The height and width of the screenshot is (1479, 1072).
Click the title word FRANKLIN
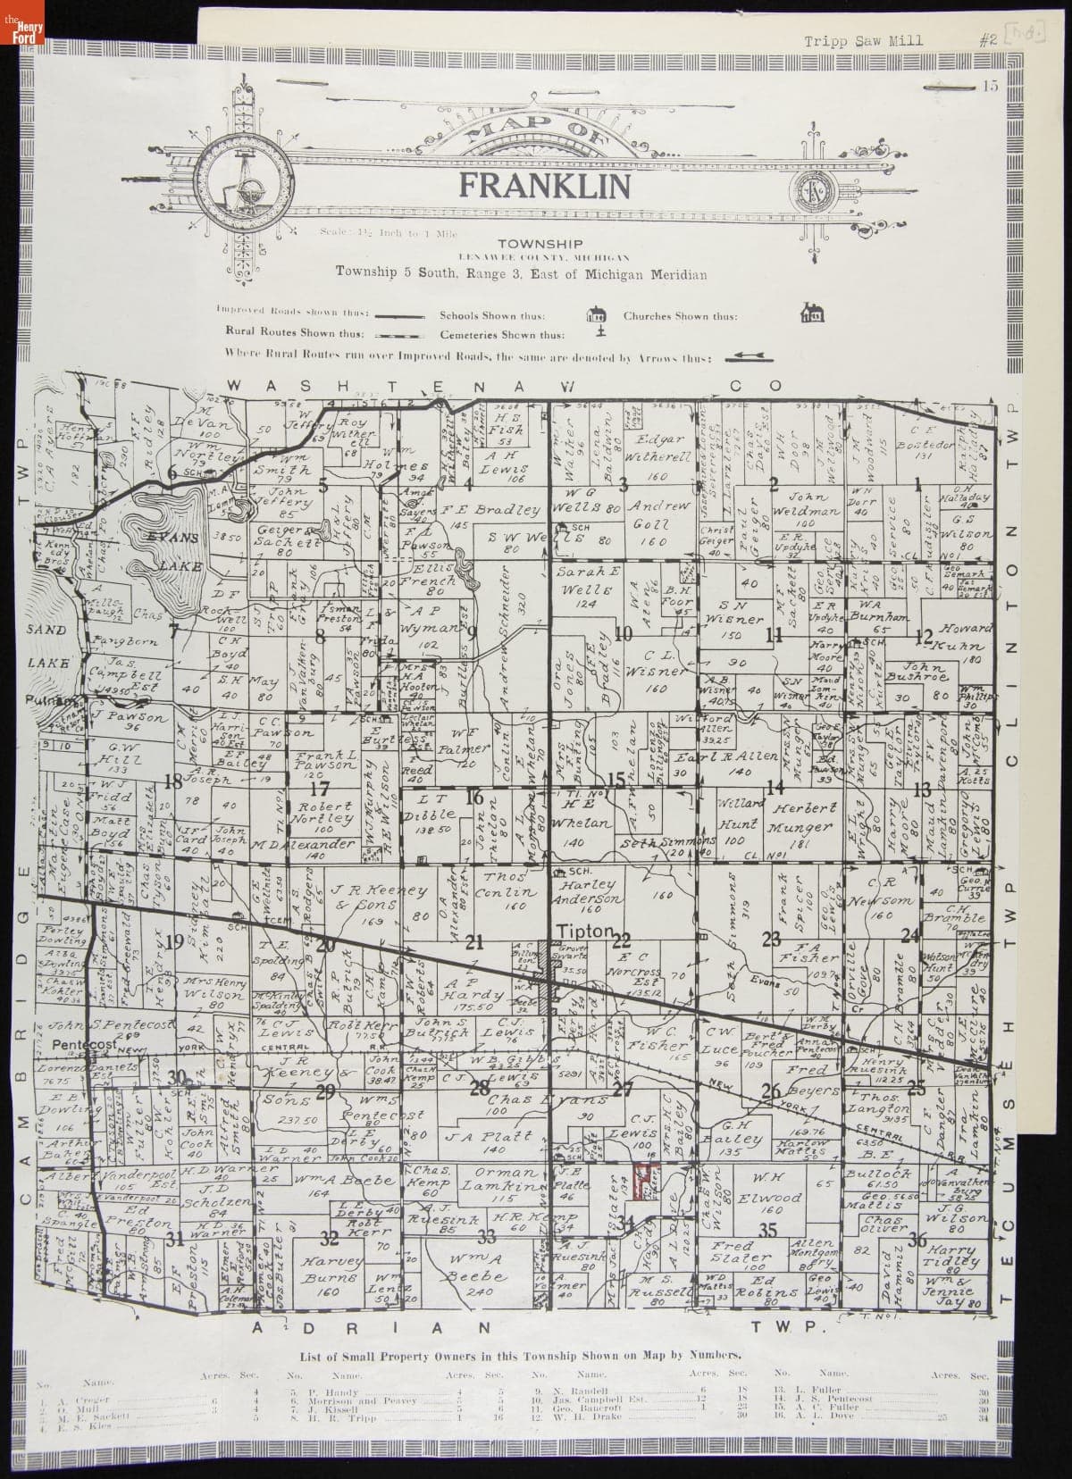coord(544,186)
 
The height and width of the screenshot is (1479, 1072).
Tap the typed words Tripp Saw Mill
coord(863,40)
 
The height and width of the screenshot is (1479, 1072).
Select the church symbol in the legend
coord(815,313)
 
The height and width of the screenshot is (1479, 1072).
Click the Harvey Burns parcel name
coord(331,1274)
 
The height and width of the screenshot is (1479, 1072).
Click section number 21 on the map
coord(474,941)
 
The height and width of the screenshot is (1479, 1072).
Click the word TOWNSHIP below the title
coord(540,244)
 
